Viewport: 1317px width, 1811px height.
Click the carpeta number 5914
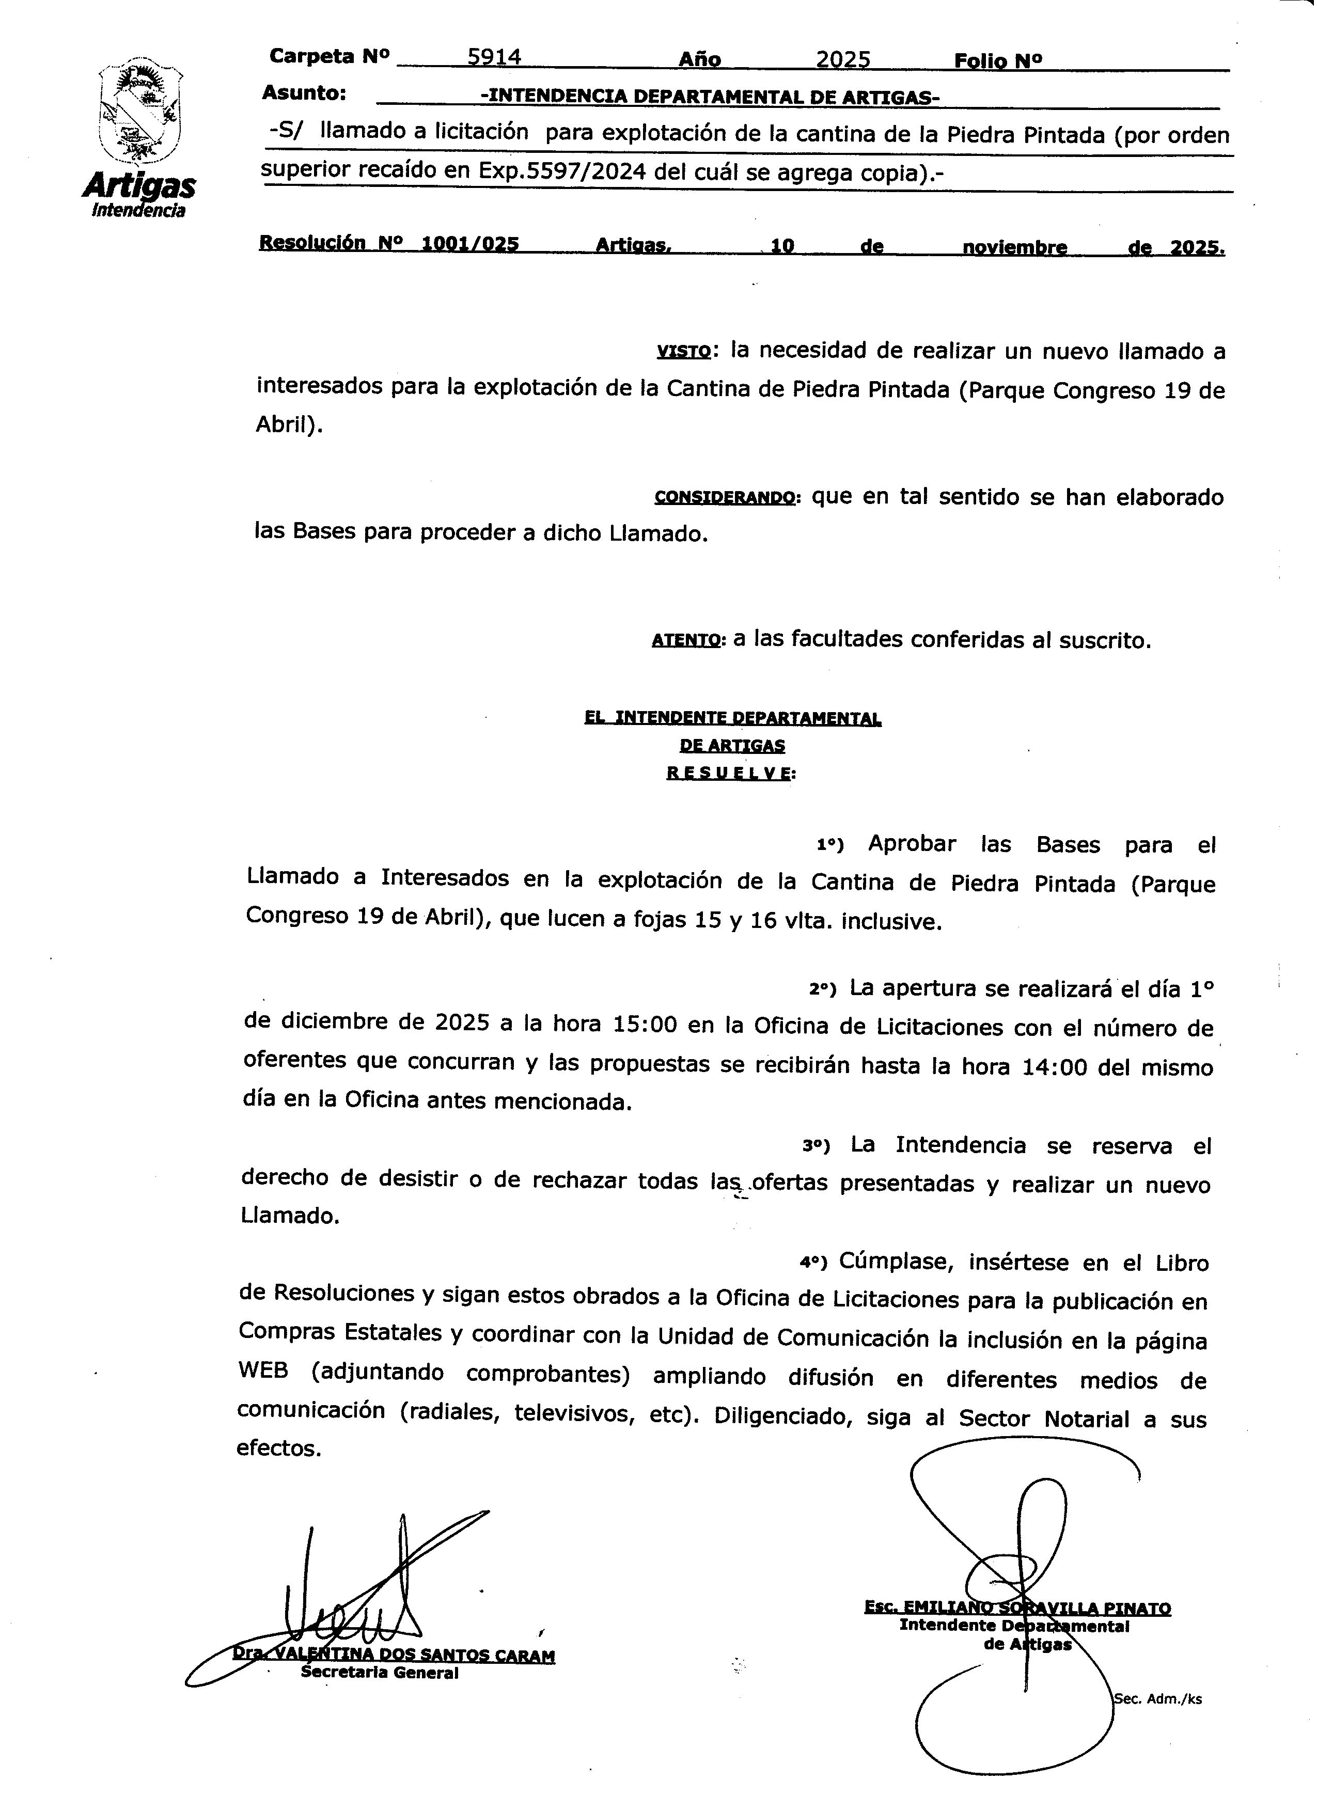(x=494, y=57)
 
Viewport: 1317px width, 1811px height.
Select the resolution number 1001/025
(x=469, y=244)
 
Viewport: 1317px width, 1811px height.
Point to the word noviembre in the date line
(x=1014, y=247)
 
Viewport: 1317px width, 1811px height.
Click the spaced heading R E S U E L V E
(x=730, y=773)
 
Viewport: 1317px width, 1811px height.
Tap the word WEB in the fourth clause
(x=263, y=1372)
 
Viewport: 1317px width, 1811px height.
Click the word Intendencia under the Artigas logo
(x=139, y=211)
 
